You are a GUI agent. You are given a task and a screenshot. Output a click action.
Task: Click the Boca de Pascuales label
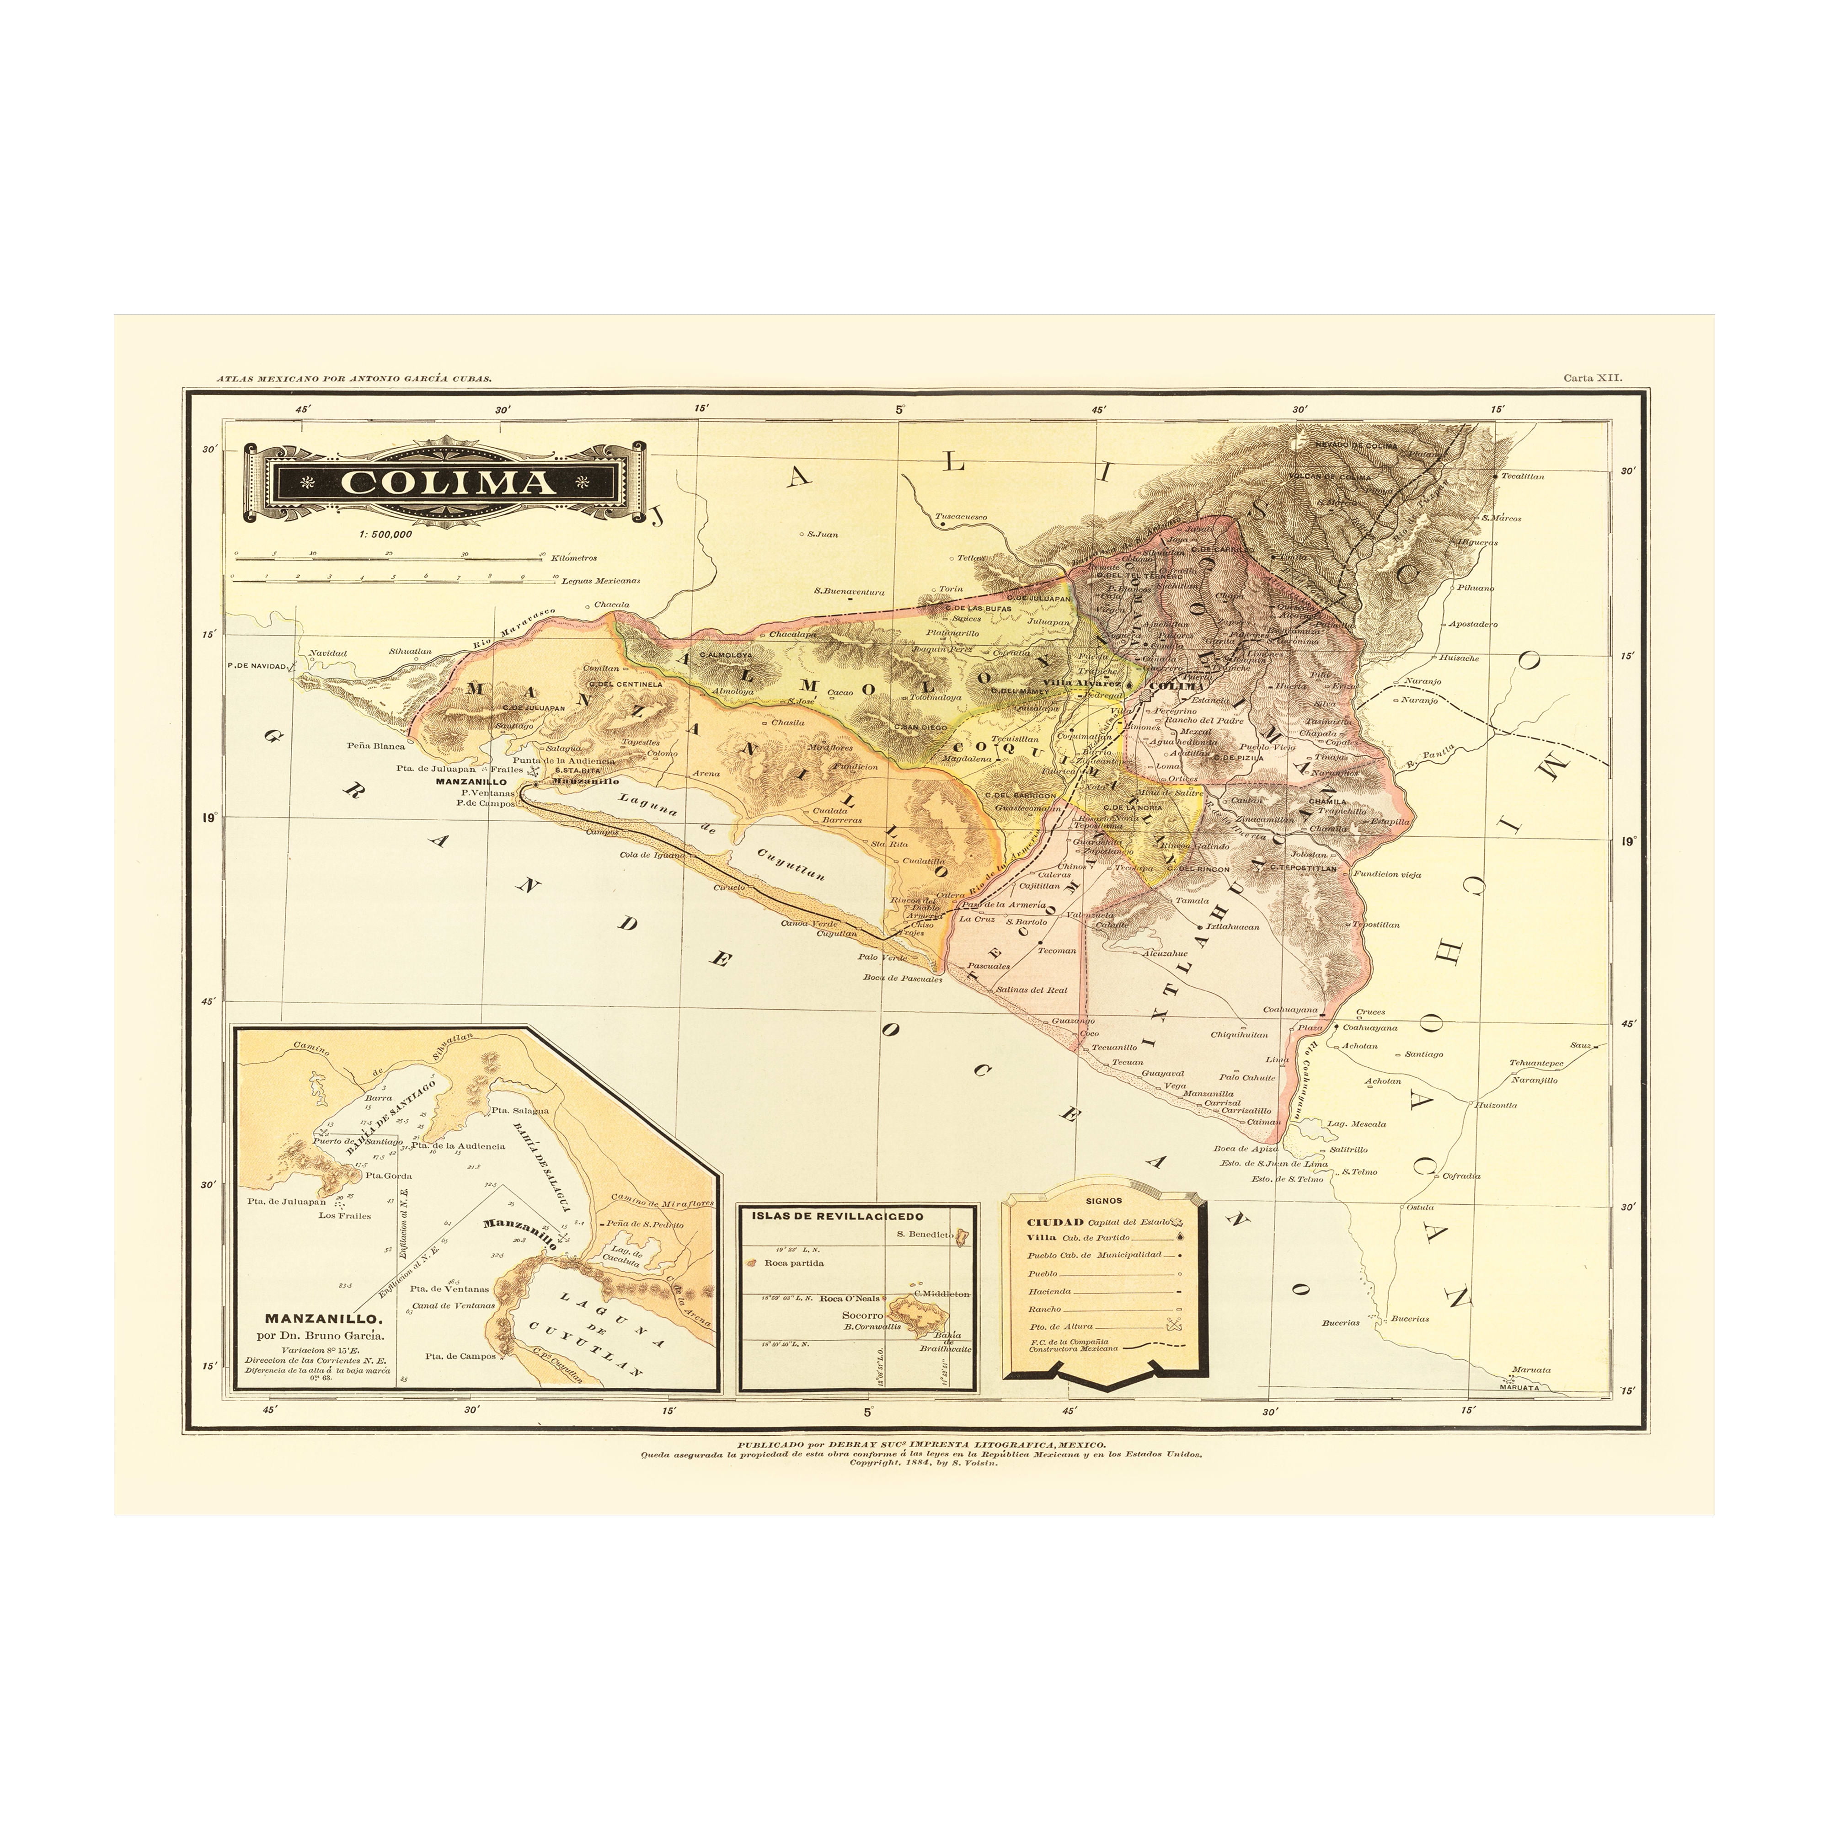pyautogui.click(x=904, y=979)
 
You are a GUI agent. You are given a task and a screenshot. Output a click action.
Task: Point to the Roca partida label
pyautogui.click(x=793, y=1263)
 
